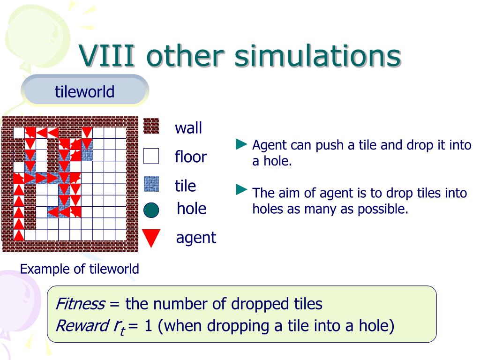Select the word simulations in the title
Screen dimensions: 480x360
pyautogui.click(x=318, y=55)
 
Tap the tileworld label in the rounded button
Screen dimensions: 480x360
pyautogui.click(x=84, y=91)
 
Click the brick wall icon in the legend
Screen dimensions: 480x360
pyautogui.click(x=151, y=126)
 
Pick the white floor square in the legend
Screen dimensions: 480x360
pyautogui.click(x=151, y=156)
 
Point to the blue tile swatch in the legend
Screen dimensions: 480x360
pyautogui.click(x=151, y=184)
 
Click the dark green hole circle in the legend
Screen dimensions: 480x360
pyautogui.click(x=151, y=210)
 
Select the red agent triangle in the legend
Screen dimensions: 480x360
pyautogui.click(x=151, y=238)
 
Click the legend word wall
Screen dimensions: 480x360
pyautogui.click(x=188, y=128)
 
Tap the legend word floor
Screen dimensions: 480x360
pyautogui.click(x=191, y=157)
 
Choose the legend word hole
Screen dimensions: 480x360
pyautogui.click(x=192, y=209)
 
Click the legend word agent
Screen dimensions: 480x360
pyautogui.click(x=196, y=238)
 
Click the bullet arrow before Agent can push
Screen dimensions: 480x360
pyautogui.click(x=241, y=144)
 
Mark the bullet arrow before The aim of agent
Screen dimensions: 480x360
pyautogui.click(x=241, y=190)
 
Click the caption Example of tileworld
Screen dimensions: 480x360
pyautogui.click(x=80, y=269)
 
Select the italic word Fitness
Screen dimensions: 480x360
pyautogui.click(x=81, y=304)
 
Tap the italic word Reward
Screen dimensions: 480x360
pyautogui.click(x=82, y=325)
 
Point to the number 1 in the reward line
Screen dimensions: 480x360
pyautogui.click(x=148, y=325)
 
